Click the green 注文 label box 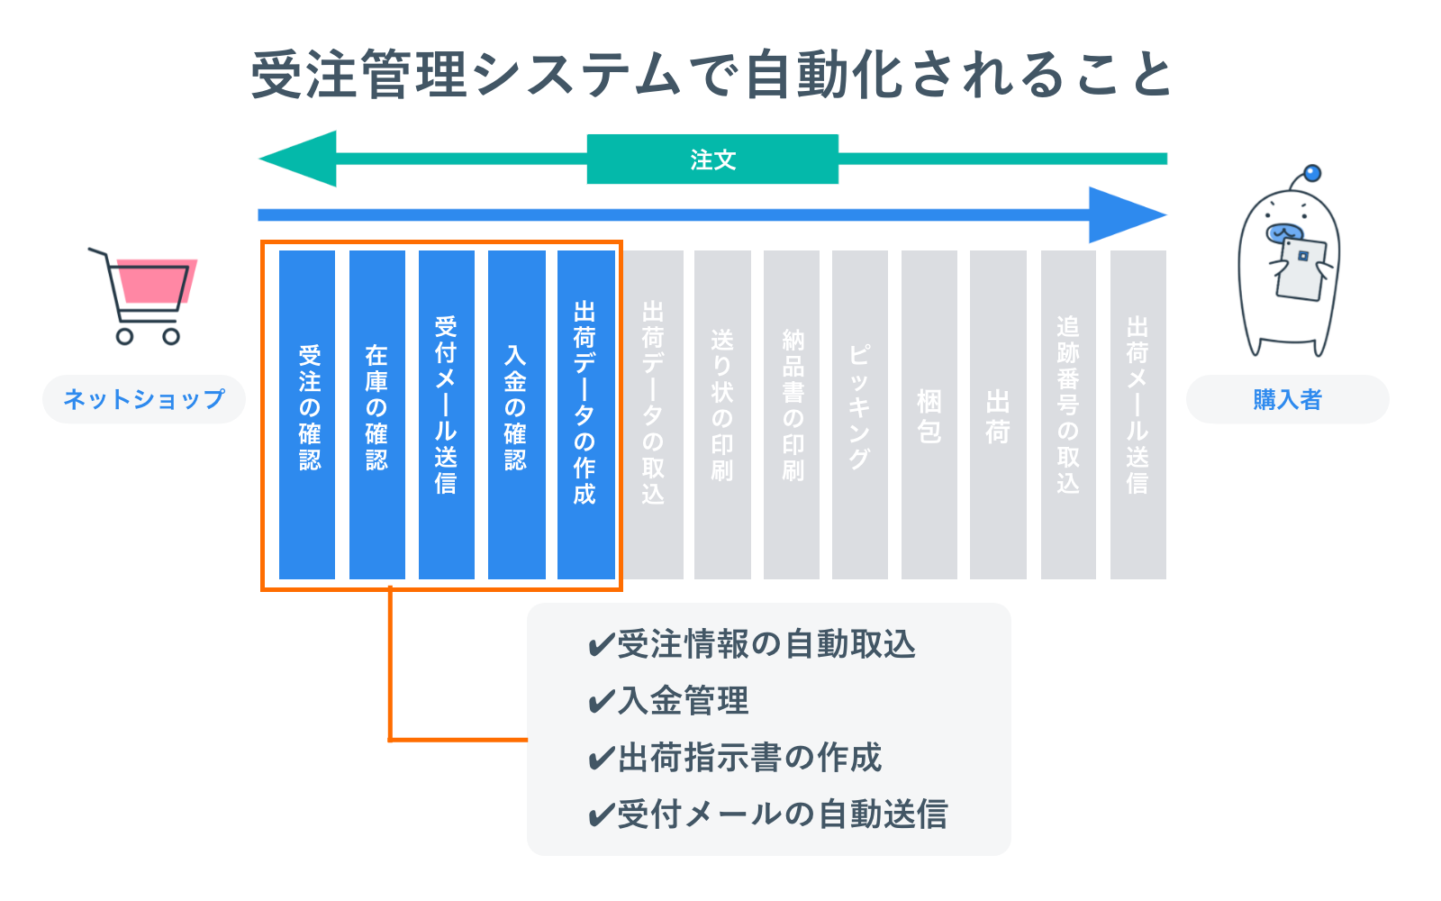coord(712,159)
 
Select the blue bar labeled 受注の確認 coord(307,414)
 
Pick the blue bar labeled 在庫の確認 coord(376,414)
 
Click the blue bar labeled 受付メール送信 coord(446,414)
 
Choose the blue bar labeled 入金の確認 coord(516,414)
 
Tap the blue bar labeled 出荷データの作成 coord(585,414)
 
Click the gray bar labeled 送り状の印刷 coord(722,414)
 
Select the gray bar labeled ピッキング coord(860,414)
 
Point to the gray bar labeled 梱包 coord(929,414)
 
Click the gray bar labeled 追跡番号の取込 coord(1068,414)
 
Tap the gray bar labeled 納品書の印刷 coord(792,414)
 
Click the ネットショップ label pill coord(144,399)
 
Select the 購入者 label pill coord(1287,399)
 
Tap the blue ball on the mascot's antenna coord(1312,173)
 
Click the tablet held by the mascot coord(1302,268)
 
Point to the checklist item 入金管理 coord(683,701)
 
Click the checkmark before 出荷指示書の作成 coord(601,759)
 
